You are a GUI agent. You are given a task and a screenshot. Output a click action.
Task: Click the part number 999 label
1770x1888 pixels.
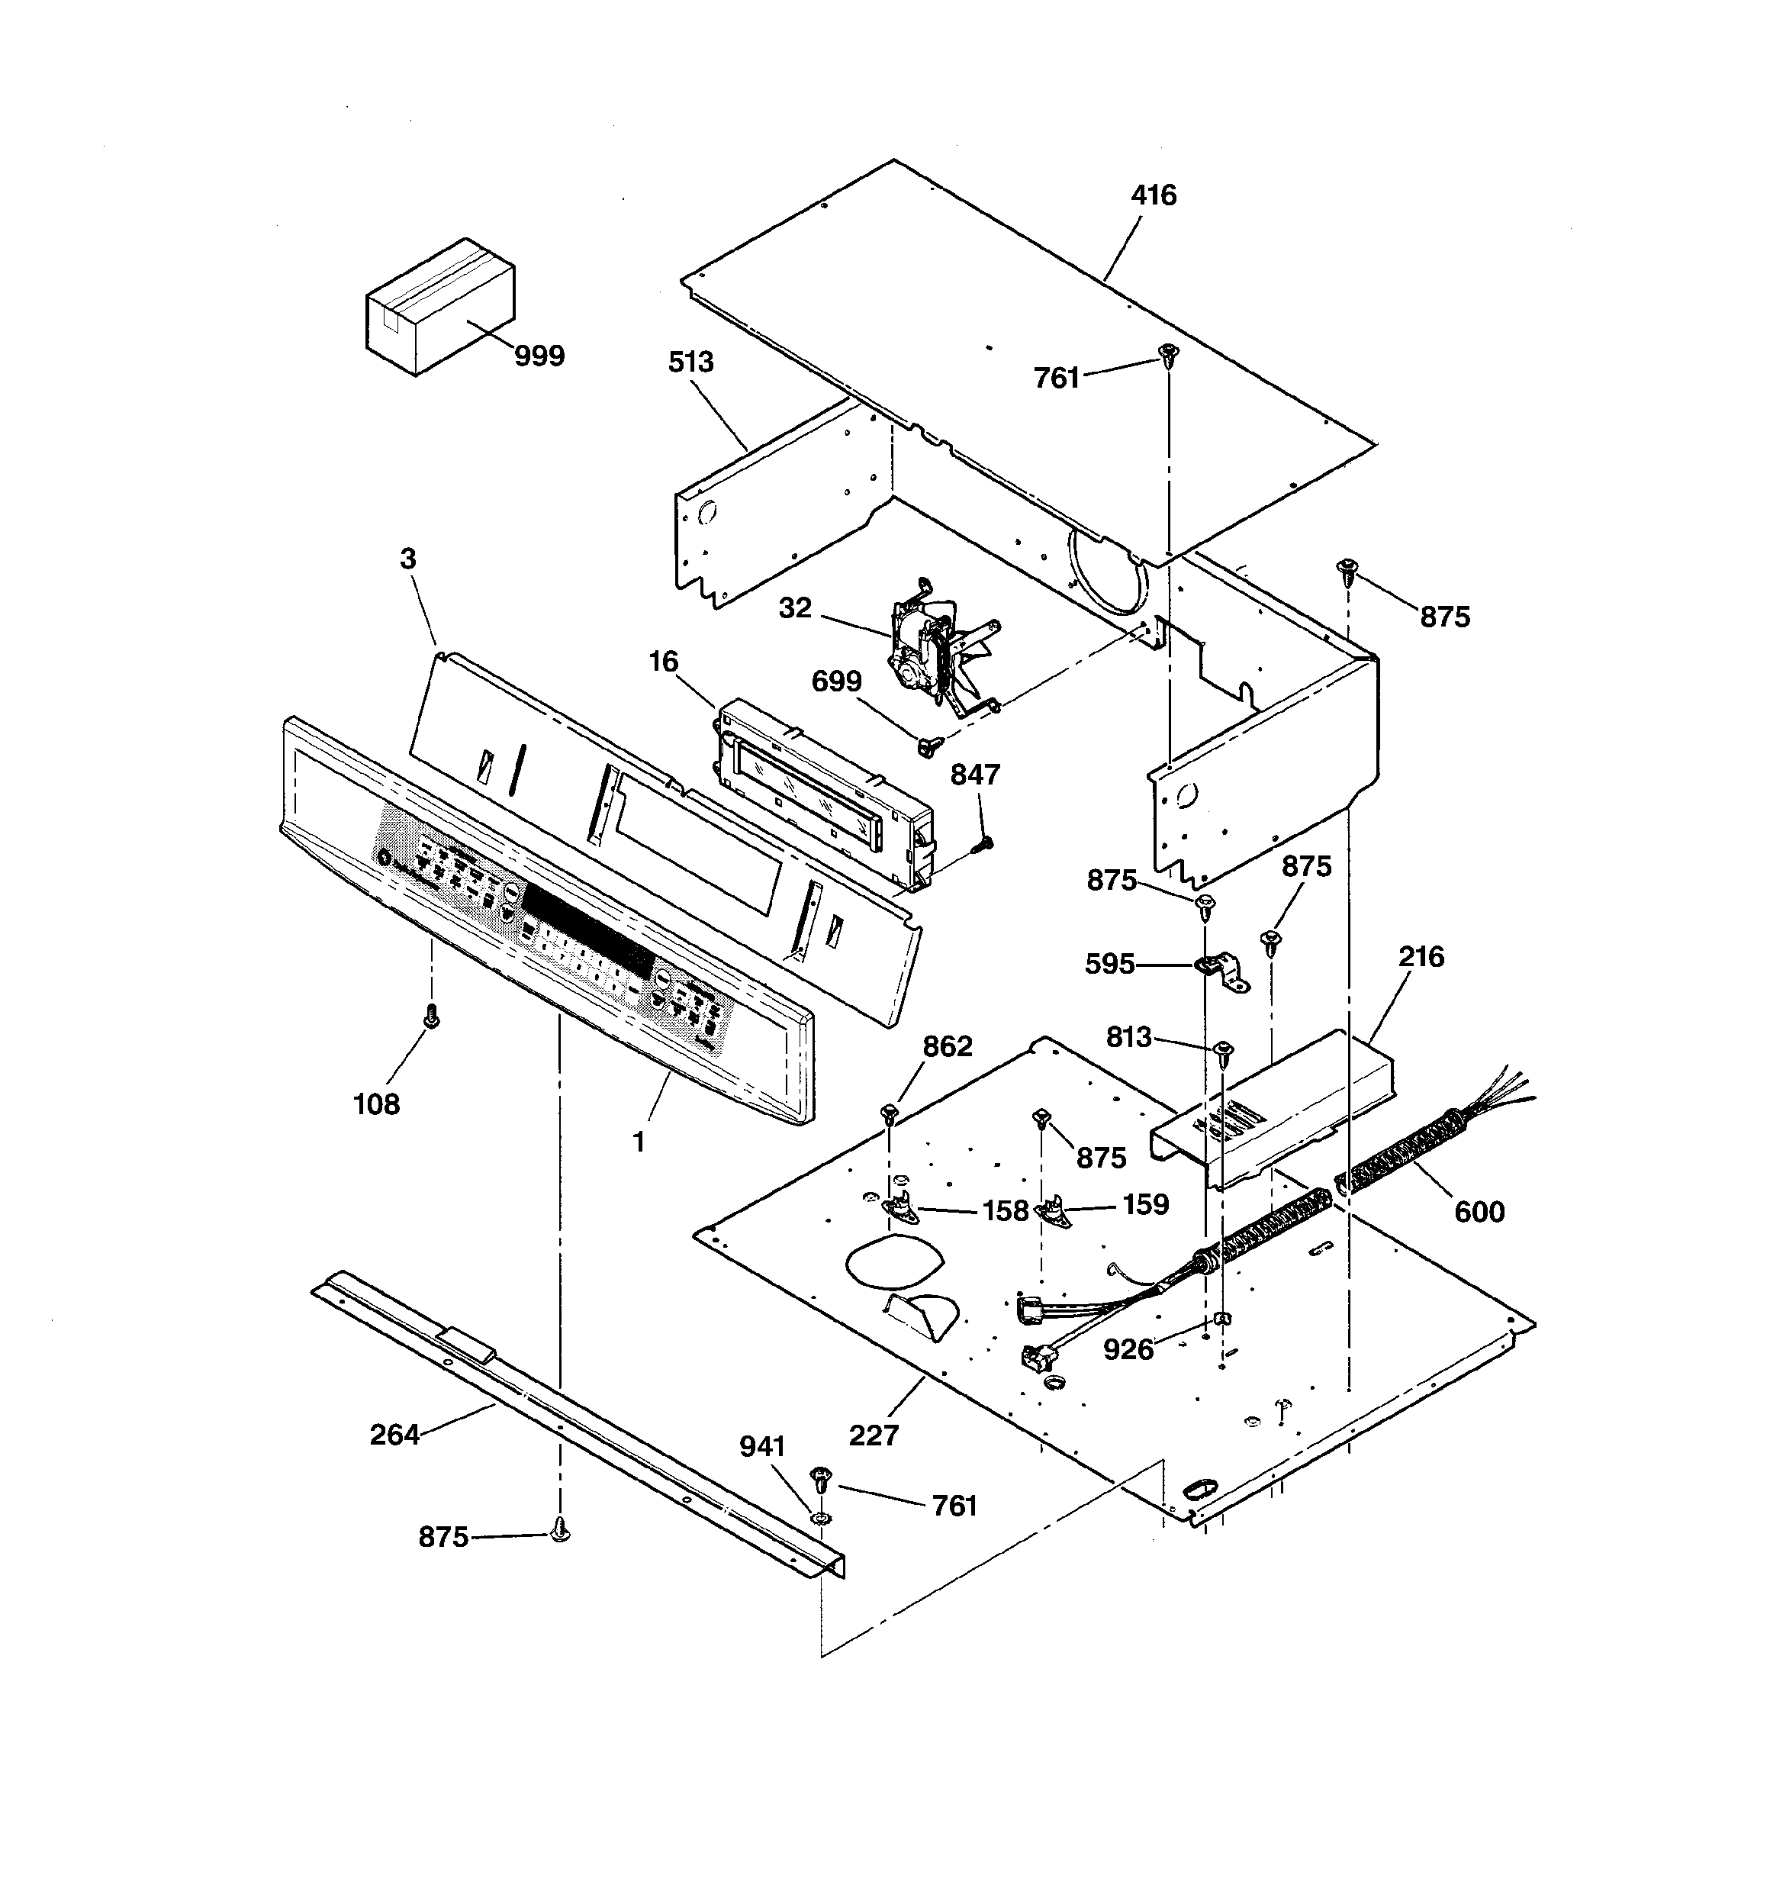pos(539,356)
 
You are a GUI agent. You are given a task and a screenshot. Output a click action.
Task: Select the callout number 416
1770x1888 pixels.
pos(1153,195)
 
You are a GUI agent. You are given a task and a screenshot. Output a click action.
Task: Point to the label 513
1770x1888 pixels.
pos(690,362)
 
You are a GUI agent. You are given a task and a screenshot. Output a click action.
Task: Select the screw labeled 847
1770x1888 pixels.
pos(986,842)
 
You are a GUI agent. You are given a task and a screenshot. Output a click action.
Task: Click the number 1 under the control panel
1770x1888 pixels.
pos(639,1142)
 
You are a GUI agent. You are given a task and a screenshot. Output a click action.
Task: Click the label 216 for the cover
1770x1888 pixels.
pos(1421,956)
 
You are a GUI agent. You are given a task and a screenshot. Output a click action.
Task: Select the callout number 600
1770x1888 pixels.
pos(1479,1212)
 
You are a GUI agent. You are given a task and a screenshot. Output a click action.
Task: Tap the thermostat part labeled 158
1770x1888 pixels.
pos(898,1206)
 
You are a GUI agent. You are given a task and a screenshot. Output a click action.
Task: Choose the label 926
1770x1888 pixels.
pos(1128,1348)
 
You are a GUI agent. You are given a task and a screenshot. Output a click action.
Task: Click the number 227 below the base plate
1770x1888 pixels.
pos(873,1435)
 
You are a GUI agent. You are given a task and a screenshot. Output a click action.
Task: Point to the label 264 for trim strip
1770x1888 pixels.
pos(394,1434)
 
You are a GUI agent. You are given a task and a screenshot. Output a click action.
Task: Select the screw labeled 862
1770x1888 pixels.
pos(890,1112)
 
